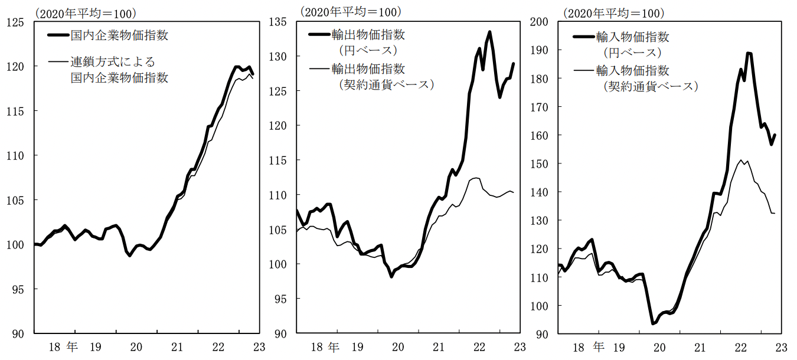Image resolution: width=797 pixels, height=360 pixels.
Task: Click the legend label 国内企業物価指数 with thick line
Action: [120, 35]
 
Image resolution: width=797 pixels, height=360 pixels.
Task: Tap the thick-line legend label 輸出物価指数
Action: [369, 35]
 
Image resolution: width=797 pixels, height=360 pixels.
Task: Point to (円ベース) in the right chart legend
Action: [632, 53]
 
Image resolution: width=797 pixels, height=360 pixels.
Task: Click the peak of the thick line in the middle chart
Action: [490, 32]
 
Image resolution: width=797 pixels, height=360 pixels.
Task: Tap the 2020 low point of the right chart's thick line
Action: [653, 323]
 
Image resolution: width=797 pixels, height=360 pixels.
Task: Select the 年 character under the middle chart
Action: [334, 346]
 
